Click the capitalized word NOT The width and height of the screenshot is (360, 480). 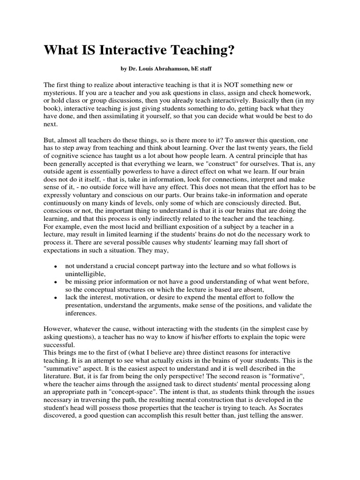point(226,84)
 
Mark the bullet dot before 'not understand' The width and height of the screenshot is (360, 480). point(55,266)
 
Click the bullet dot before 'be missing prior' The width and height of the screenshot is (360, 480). point(55,282)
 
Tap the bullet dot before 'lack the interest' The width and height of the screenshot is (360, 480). point(55,298)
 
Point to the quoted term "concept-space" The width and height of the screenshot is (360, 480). point(153,387)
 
